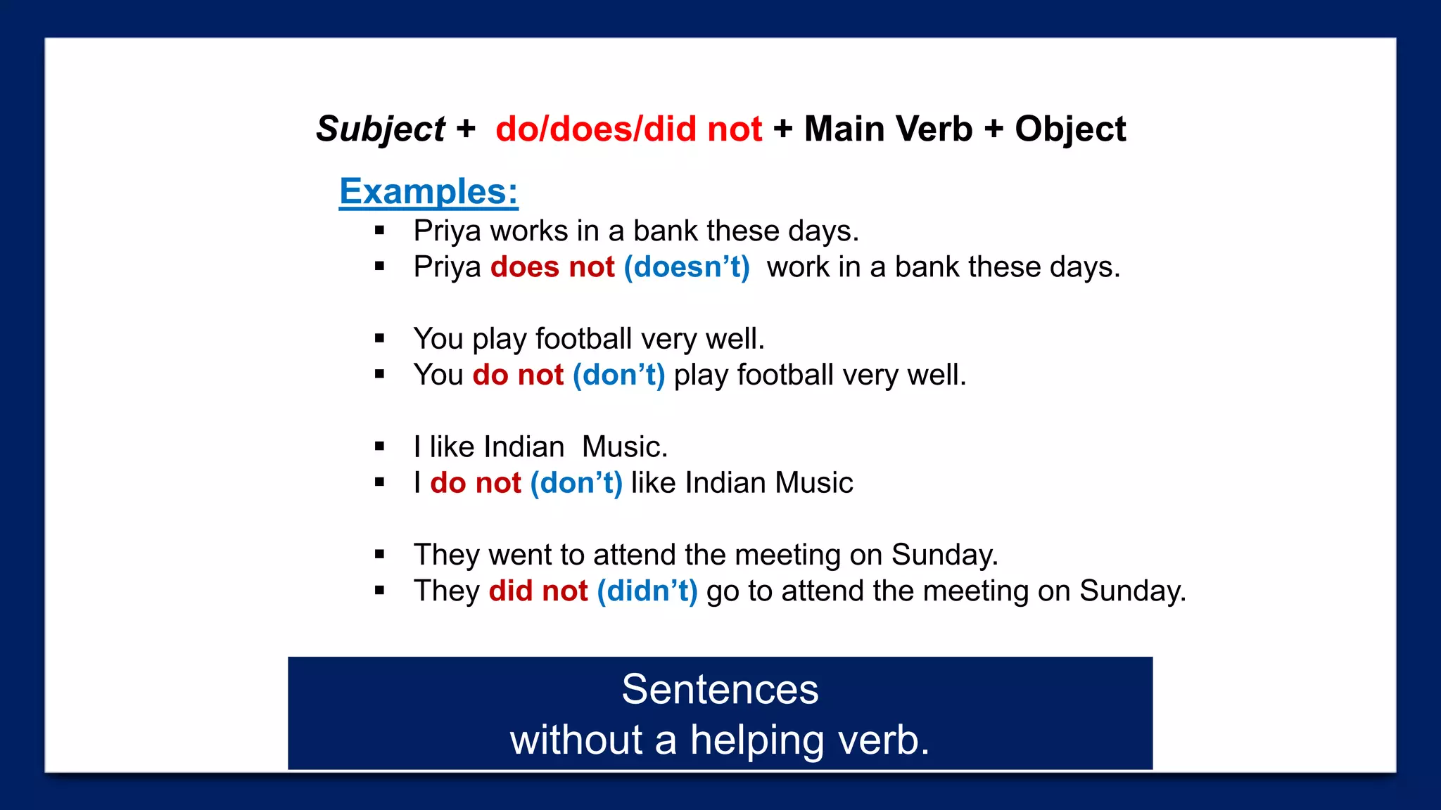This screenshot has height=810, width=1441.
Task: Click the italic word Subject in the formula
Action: click(380, 130)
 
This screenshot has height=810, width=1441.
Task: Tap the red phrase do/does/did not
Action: click(628, 129)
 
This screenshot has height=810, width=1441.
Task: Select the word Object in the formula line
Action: click(1069, 129)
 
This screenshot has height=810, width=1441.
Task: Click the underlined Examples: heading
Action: click(429, 191)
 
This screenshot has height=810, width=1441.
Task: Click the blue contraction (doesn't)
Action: click(687, 267)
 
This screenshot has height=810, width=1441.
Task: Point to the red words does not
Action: click(552, 267)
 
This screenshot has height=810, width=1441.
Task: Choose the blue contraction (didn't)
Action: click(647, 591)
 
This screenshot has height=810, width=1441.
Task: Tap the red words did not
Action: click(538, 591)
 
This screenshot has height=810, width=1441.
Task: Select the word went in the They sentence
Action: click(519, 555)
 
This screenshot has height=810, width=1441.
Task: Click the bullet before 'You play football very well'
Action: click(380, 339)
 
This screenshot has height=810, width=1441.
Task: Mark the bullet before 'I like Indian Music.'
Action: click(380, 446)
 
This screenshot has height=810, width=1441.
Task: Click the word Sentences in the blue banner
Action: click(720, 689)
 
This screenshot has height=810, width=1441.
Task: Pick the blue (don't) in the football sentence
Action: click(618, 375)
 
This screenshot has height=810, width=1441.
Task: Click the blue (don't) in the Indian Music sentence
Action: click(576, 483)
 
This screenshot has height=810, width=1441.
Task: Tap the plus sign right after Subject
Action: click(466, 129)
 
